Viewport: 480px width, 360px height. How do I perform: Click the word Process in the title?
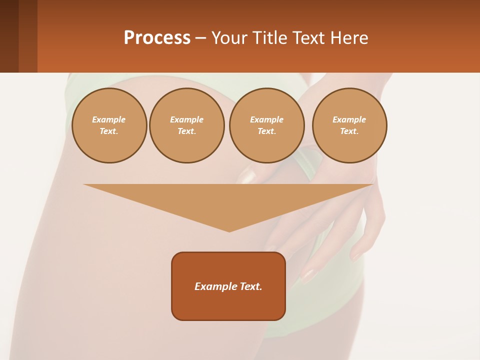coord(157,38)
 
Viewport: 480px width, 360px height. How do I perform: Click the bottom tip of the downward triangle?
coord(229,230)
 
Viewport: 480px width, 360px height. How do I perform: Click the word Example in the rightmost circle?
coord(349,119)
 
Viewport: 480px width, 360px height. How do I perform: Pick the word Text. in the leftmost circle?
coord(109,131)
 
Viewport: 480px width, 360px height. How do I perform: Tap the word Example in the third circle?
coord(266,119)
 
